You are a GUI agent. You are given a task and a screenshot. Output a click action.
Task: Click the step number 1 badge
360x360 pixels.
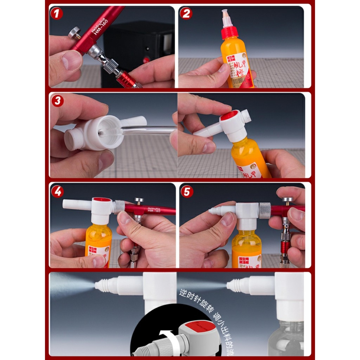57,14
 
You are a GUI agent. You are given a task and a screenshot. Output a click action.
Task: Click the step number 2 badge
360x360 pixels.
186,14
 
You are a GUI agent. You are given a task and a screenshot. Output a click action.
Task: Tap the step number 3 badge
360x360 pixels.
57,101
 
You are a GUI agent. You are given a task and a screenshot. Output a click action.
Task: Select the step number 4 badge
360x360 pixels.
57,192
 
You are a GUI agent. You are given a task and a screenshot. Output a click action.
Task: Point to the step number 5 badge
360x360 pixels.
187,192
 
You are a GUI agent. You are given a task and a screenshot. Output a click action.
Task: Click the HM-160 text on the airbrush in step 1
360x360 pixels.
100,25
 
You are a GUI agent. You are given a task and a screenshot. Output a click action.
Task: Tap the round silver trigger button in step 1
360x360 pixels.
74,33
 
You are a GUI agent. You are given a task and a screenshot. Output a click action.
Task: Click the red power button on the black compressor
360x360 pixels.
147,59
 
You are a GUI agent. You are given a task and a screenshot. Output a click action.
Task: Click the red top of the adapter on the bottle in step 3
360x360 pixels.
230,115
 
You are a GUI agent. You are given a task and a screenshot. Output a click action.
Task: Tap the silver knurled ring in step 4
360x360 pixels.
119,207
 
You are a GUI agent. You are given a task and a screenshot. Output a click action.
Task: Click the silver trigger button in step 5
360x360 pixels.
287,200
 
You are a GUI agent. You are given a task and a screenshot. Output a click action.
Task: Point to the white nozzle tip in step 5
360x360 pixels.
212,211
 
